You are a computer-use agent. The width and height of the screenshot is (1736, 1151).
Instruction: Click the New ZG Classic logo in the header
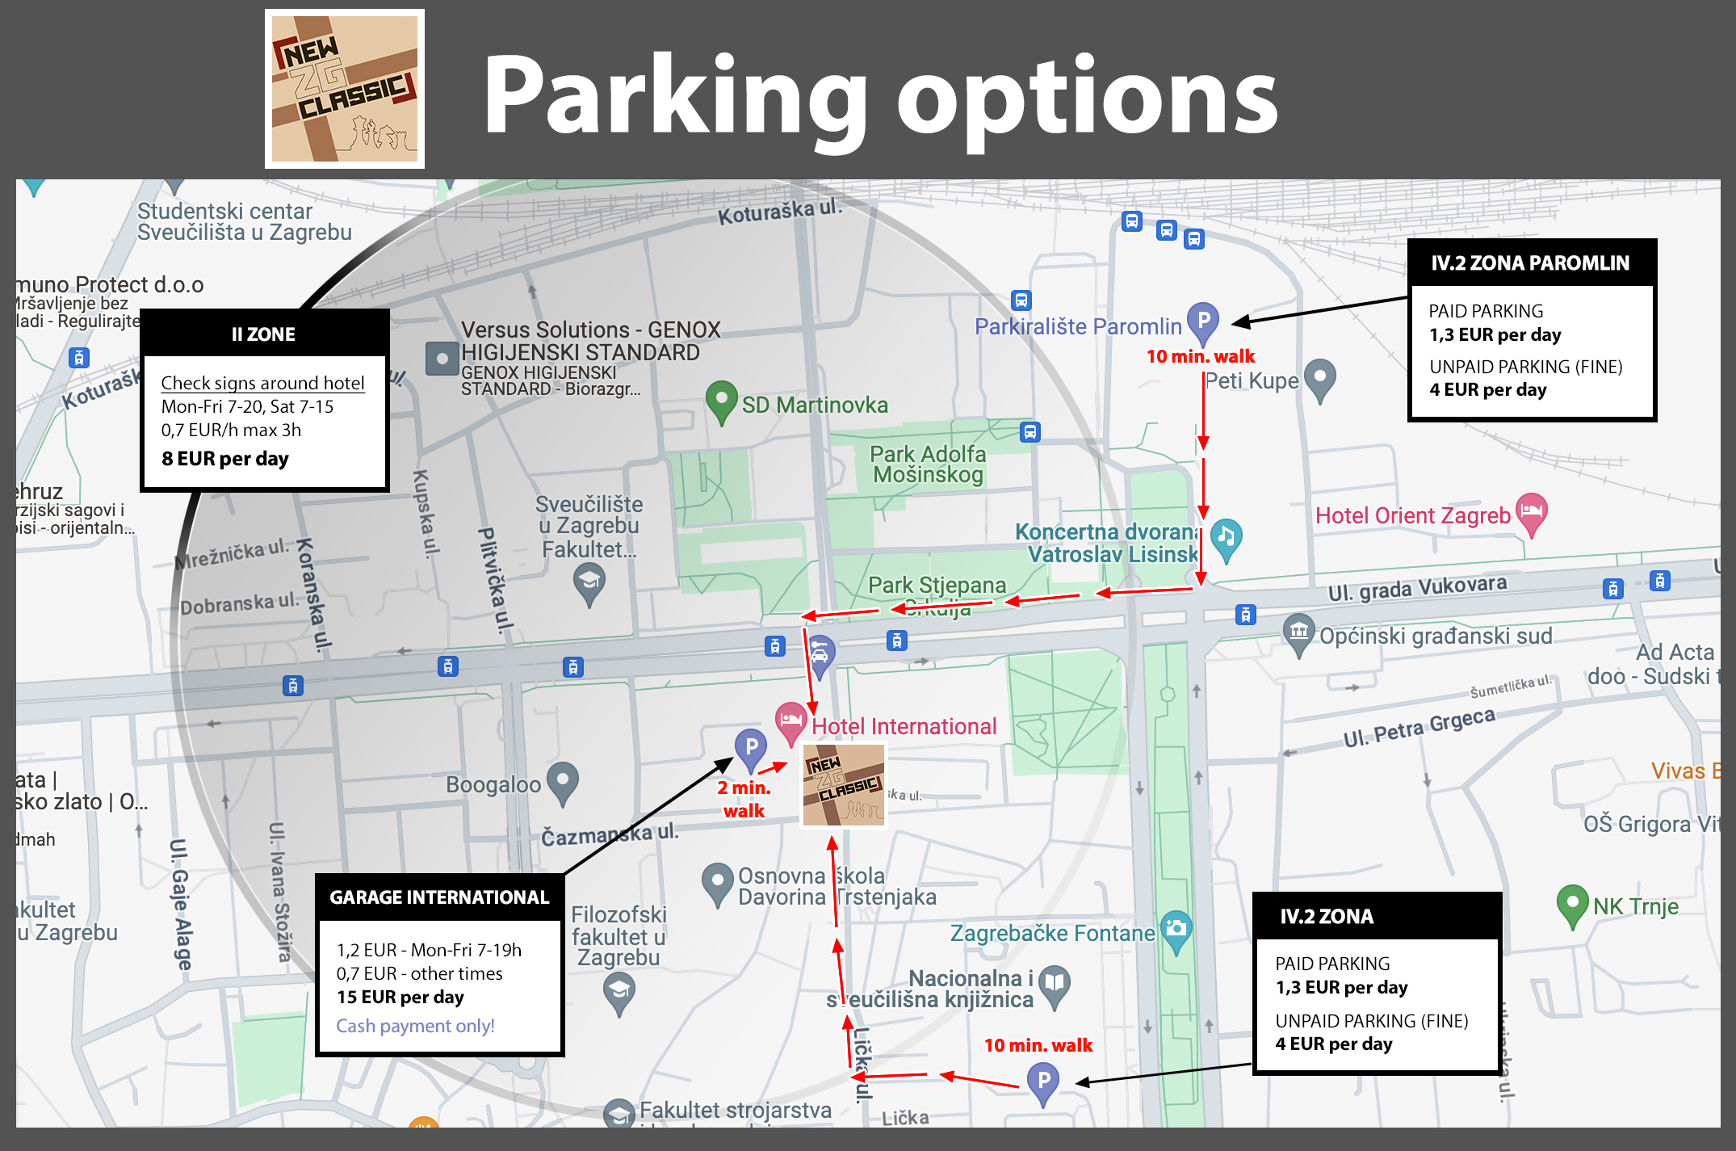coord(345,89)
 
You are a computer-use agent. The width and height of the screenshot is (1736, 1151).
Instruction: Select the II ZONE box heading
coord(264,334)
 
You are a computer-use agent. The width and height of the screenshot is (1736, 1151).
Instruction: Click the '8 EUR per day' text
coord(225,459)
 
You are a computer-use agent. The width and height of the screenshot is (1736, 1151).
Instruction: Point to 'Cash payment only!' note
coord(415,1026)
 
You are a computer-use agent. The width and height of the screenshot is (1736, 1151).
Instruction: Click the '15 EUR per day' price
coord(400,997)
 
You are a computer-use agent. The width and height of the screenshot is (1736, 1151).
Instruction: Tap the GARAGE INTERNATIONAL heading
coord(439,897)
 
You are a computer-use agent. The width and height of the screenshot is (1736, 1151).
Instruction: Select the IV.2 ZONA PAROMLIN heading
coord(1530,263)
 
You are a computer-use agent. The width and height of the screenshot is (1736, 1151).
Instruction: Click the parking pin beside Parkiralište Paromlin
coord(1202,321)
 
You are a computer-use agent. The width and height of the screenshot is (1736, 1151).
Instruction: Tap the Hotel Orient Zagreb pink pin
coord(1531,512)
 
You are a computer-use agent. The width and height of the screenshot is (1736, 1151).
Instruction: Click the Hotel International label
coord(904,727)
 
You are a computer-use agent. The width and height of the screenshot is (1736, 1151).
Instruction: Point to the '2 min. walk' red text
coord(744,799)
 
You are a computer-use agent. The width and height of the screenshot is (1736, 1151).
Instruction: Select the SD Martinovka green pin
coord(721,400)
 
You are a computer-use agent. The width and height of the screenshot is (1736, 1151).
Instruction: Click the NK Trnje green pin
coord(1571,904)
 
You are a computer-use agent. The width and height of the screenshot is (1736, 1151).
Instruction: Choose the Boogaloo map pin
coord(563,780)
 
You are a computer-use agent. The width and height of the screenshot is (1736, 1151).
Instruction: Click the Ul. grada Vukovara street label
coord(1417,587)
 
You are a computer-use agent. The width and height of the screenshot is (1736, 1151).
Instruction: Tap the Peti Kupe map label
coord(1252,380)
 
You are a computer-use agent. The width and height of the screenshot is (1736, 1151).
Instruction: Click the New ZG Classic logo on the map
coord(844,785)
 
